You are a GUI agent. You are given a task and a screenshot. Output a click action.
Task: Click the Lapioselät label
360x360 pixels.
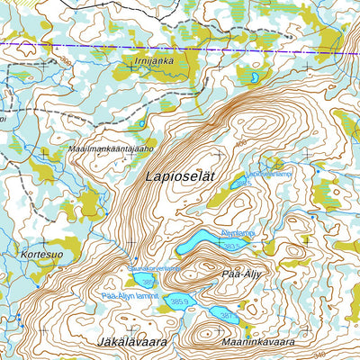pyautogui.click(x=180, y=178)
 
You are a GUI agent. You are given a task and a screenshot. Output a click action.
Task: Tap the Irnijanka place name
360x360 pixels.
pyautogui.click(x=154, y=61)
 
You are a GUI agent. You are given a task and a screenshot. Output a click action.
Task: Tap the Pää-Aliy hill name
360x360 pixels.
pyautogui.click(x=239, y=270)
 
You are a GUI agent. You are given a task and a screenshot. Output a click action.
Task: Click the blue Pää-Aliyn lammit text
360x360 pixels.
pyautogui.click(x=130, y=295)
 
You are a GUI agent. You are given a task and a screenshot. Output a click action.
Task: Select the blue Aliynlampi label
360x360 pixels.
pyautogui.click(x=237, y=232)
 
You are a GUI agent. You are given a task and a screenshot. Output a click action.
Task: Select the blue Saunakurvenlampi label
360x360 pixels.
pyautogui.click(x=154, y=267)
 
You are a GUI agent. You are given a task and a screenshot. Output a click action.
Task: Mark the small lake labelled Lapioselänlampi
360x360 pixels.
pyautogui.click(x=238, y=184)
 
